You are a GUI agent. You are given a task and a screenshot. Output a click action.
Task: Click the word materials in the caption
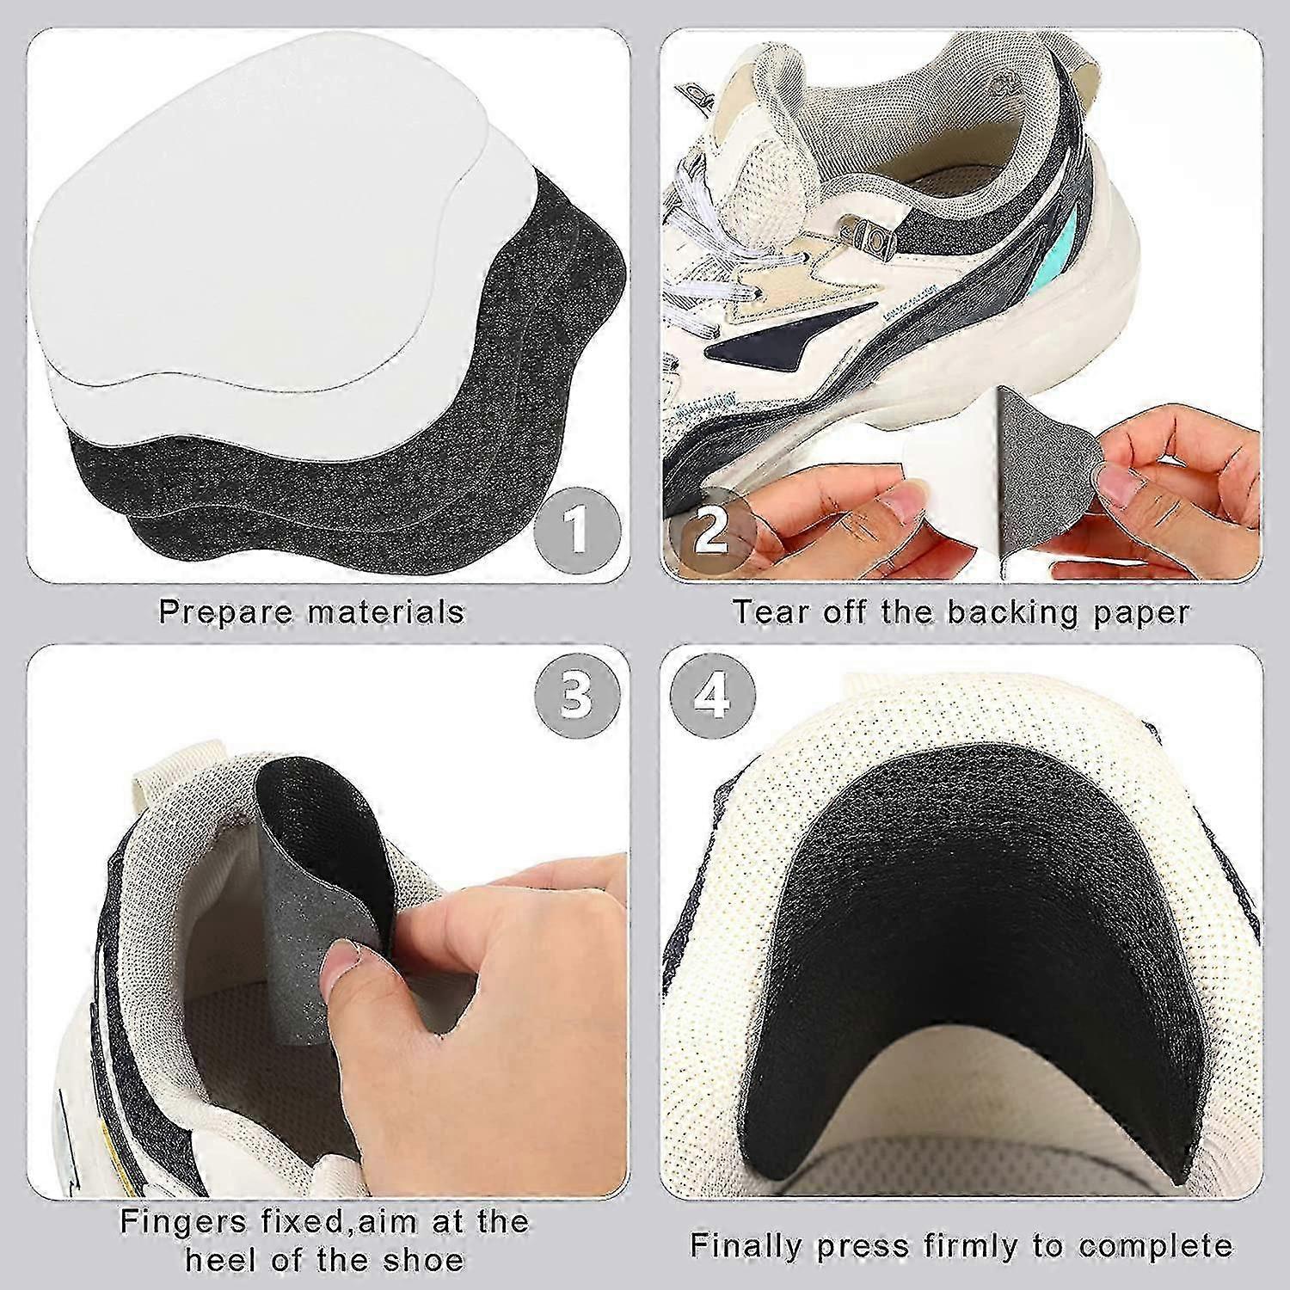tap(382, 612)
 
